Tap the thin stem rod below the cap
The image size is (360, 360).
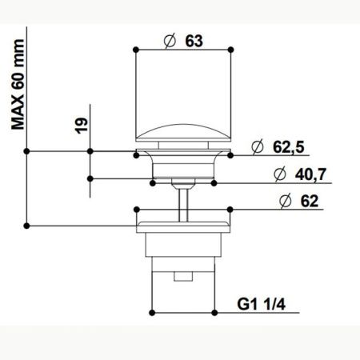pyautogui.click(x=184, y=196)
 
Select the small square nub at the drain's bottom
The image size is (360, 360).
pyautogui.click(x=184, y=278)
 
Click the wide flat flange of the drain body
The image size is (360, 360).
pyautogui.click(x=184, y=216)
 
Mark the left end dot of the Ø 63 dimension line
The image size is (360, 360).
pyautogui.click(x=136, y=50)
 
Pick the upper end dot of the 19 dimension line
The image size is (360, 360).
pyautogui.click(x=90, y=150)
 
